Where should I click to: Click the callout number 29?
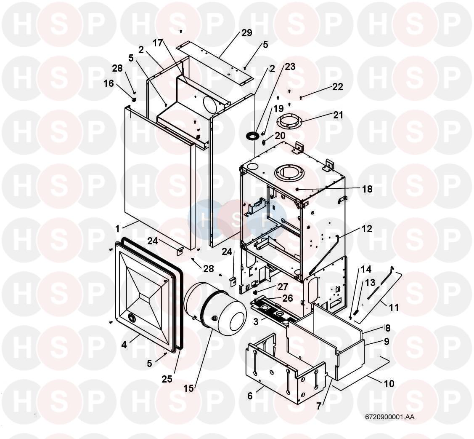[x=247, y=33]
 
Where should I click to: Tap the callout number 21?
[x=338, y=115]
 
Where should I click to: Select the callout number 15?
[x=188, y=388]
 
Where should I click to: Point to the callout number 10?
[x=389, y=383]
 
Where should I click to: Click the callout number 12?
[x=367, y=229]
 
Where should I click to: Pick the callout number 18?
[x=367, y=189]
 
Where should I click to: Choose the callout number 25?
[x=167, y=379]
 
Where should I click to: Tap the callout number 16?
[x=109, y=83]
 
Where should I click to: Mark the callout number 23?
[x=290, y=67]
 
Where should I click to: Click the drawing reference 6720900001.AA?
[x=389, y=417]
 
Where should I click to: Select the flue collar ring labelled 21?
[x=290, y=121]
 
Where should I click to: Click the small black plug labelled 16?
[x=134, y=100]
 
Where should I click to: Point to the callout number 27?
[x=283, y=287]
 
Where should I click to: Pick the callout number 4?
[x=124, y=344]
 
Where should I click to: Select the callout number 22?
[x=338, y=87]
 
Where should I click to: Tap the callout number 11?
[x=394, y=308]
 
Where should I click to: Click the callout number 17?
[x=157, y=43]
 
